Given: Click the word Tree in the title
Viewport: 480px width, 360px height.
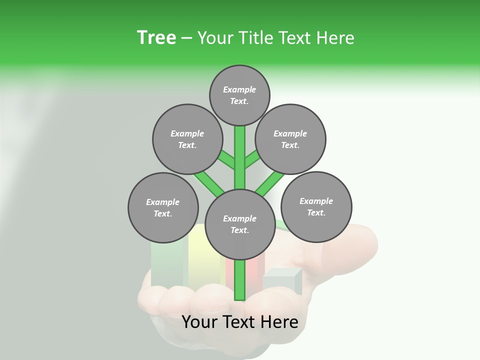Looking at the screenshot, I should [156, 37].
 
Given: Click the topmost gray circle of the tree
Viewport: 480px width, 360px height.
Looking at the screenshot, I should [239, 95].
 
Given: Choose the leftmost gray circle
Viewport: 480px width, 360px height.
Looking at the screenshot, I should [163, 207].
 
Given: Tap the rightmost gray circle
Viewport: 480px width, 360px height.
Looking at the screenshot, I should [316, 206].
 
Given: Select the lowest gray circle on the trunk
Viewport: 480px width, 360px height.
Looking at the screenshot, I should [239, 224].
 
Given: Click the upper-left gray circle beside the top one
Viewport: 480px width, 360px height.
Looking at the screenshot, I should [187, 139].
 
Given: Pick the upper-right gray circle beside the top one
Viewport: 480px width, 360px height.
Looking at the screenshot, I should [290, 139].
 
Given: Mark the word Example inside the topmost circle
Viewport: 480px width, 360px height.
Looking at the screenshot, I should [239, 89].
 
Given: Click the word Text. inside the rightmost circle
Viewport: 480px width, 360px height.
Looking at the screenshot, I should [316, 212].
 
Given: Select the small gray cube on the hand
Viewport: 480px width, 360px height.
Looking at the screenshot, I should [282, 282].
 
